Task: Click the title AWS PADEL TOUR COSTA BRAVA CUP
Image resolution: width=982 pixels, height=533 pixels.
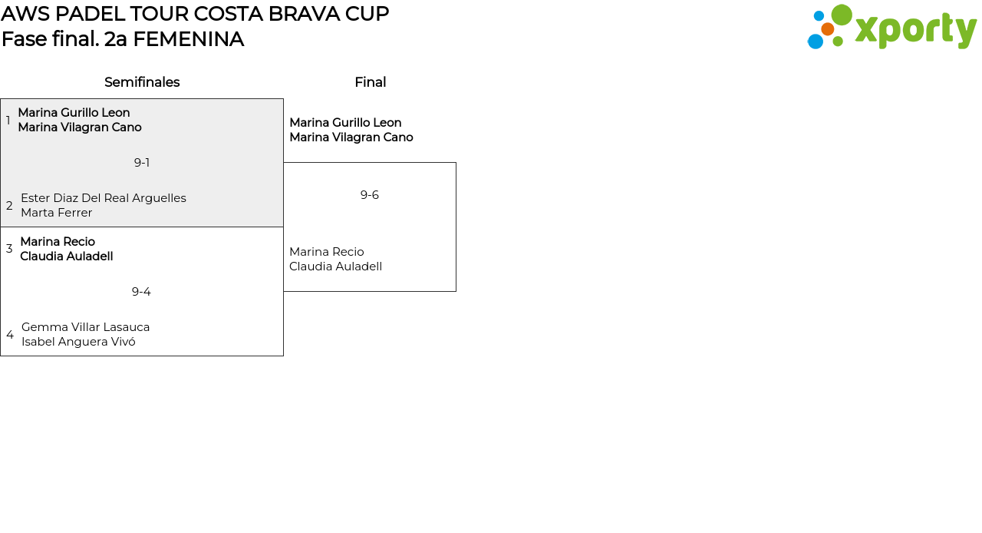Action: (195, 14)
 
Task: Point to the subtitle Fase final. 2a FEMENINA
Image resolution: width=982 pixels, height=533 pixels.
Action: (123, 39)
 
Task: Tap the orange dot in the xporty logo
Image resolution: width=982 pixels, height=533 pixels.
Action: (827, 29)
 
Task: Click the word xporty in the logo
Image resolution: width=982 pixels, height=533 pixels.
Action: (915, 30)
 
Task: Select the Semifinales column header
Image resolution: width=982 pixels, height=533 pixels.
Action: (142, 82)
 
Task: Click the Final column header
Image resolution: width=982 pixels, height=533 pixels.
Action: (370, 82)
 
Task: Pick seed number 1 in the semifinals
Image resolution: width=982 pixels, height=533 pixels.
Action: (8, 121)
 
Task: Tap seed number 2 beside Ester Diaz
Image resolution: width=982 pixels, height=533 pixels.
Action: (9, 206)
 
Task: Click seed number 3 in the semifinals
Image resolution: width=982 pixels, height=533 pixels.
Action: (9, 249)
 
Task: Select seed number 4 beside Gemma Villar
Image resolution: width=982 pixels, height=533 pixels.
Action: (10, 335)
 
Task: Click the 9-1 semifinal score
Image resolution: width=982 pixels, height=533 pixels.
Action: (142, 163)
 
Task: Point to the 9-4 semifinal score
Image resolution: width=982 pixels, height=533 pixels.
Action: (141, 292)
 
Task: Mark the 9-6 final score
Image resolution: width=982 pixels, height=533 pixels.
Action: (370, 195)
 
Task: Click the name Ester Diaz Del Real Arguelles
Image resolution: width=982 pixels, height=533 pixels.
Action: (104, 198)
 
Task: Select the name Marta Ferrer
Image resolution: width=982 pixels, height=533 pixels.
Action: (57, 213)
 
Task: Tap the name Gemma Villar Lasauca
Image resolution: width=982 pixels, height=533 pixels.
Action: (86, 327)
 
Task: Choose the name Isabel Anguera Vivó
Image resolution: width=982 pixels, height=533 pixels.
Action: (78, 342)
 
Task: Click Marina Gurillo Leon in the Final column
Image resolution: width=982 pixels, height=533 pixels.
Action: (345, 123)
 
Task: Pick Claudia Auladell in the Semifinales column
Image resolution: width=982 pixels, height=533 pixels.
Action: (67, 257)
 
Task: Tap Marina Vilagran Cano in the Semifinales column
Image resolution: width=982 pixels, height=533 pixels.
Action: (80, 127)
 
